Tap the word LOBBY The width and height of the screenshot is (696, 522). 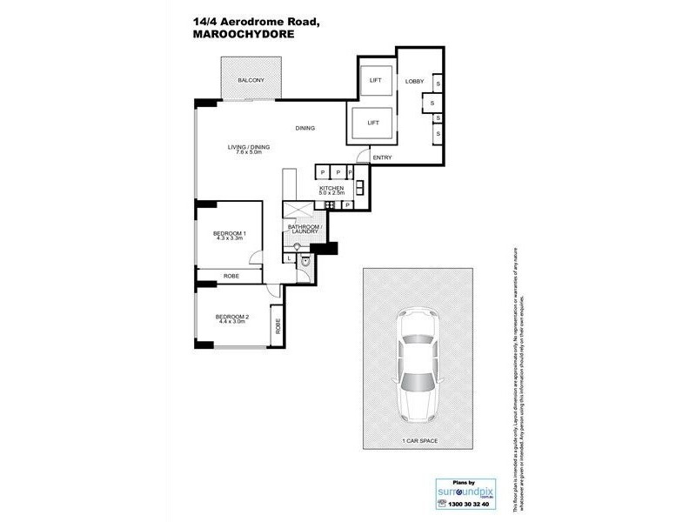tap(414, 82)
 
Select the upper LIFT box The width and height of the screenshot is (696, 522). tap(376, 80)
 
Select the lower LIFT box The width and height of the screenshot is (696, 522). tap(372, 123)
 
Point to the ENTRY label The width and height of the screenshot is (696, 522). tap(382, 157)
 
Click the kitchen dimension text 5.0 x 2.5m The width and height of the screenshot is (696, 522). tap(331, 194)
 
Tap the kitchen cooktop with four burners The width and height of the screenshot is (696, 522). tap(331, 205)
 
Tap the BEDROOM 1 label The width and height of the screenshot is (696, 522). tap(230, 233)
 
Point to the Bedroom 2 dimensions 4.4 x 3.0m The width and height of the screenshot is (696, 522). tap(232, 321)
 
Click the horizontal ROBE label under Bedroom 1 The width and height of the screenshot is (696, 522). tap(231, 276)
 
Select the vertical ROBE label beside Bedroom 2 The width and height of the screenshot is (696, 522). tap(278, 326)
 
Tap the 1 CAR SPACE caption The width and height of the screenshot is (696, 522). tap(418, 441)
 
